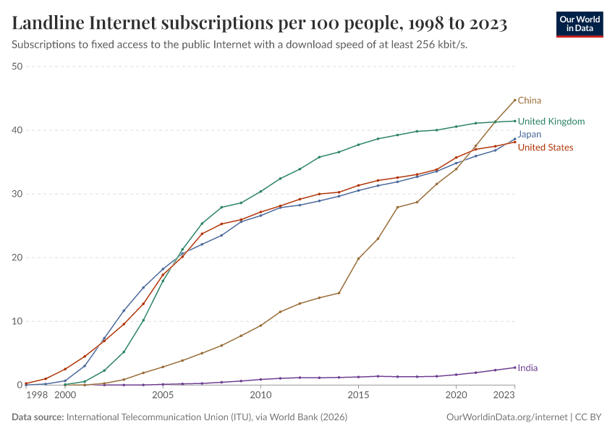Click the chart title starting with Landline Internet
click(x=259, y=23)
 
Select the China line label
click(x=530, y=101)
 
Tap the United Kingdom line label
click(x=551, y=122)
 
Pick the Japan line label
click(x=530, y=135)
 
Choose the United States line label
click(x=546, y=148)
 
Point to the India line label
click(x=527, y=368)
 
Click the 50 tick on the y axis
click(x=17, y=67)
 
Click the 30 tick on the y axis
click(x=17, y=194)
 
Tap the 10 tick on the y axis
click(x=17, y=321)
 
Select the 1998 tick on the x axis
click(x=36, y=396)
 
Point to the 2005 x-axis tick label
click(x=163, y=396)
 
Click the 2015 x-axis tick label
click(x=358, y=396)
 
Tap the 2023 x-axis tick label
click(x=504, y=396)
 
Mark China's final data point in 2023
click(x=514, y=100)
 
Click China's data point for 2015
click(x=358, y=258)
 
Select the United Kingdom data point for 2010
click(x=260, y=192)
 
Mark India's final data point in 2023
click(x=514, y=367)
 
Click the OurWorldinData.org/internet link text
click(x=506, y=417)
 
